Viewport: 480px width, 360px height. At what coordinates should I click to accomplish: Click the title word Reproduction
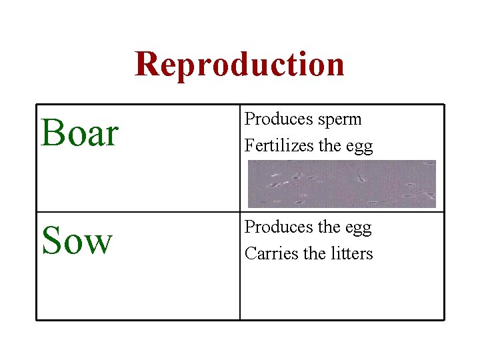click(239, 64)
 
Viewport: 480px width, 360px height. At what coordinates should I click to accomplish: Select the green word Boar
click(79, 133)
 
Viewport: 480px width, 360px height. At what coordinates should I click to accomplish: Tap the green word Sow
click(77, 241)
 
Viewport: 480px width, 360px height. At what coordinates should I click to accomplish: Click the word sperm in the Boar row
click(339, 120)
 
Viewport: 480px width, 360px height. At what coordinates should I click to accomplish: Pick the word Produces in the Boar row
click(279, 119)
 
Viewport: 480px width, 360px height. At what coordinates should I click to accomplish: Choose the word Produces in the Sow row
click(279, 227)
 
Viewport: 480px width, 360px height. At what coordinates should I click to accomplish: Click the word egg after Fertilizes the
click(360, 146)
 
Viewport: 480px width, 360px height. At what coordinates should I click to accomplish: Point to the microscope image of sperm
click(341, 183)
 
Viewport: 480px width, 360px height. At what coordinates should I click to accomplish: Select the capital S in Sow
click(51, 241)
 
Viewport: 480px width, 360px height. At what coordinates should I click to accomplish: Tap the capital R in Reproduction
click(148, 64)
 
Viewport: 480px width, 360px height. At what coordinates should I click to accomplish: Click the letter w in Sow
click(96, 244)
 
